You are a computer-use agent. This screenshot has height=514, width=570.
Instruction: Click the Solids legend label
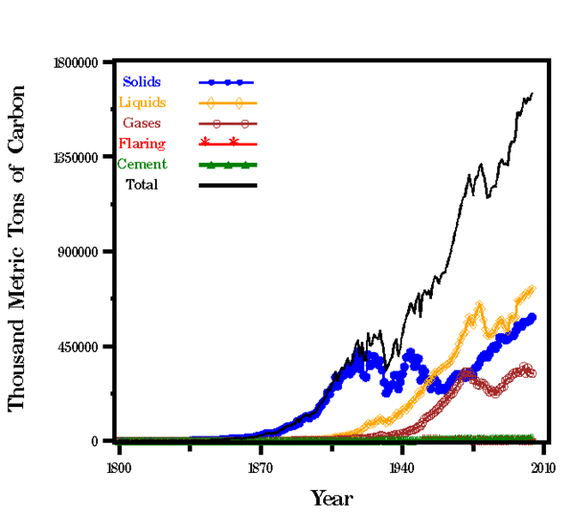click(142, 82)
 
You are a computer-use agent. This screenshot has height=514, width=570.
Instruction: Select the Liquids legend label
click(142, 102)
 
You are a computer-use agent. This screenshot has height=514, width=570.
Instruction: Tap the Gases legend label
click(142, 123)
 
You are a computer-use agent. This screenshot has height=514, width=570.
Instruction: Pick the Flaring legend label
click(142, 143)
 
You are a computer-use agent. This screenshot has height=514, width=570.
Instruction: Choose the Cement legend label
click(142, 164)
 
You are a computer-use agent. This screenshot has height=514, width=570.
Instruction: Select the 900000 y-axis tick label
click(85, 252)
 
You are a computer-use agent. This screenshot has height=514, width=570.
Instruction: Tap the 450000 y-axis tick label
click(85, 347)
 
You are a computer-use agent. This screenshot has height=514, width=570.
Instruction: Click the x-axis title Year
click(331, 497)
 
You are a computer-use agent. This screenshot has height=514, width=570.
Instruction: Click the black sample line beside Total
click(228, 185)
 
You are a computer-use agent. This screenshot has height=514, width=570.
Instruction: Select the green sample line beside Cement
click(228, 165)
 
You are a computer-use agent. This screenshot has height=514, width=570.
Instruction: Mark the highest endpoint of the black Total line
click(533, 94)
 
